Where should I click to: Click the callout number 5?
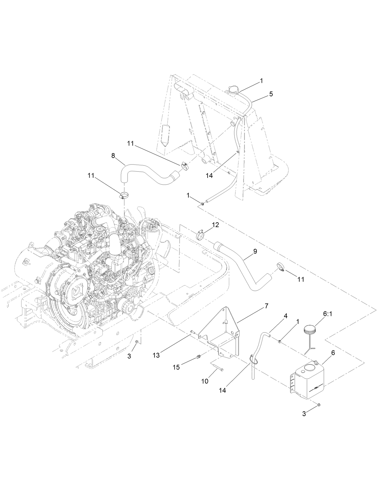(x=271, y=94)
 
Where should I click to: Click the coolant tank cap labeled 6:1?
(x=309, y=331)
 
